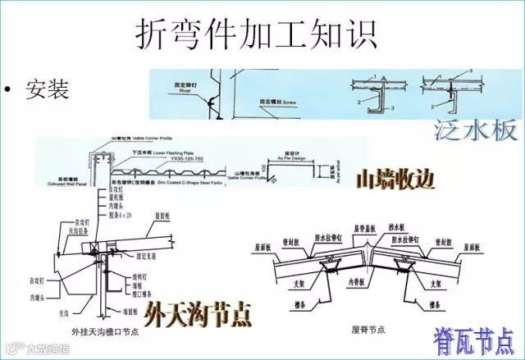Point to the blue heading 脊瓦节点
tap(474, 338)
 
